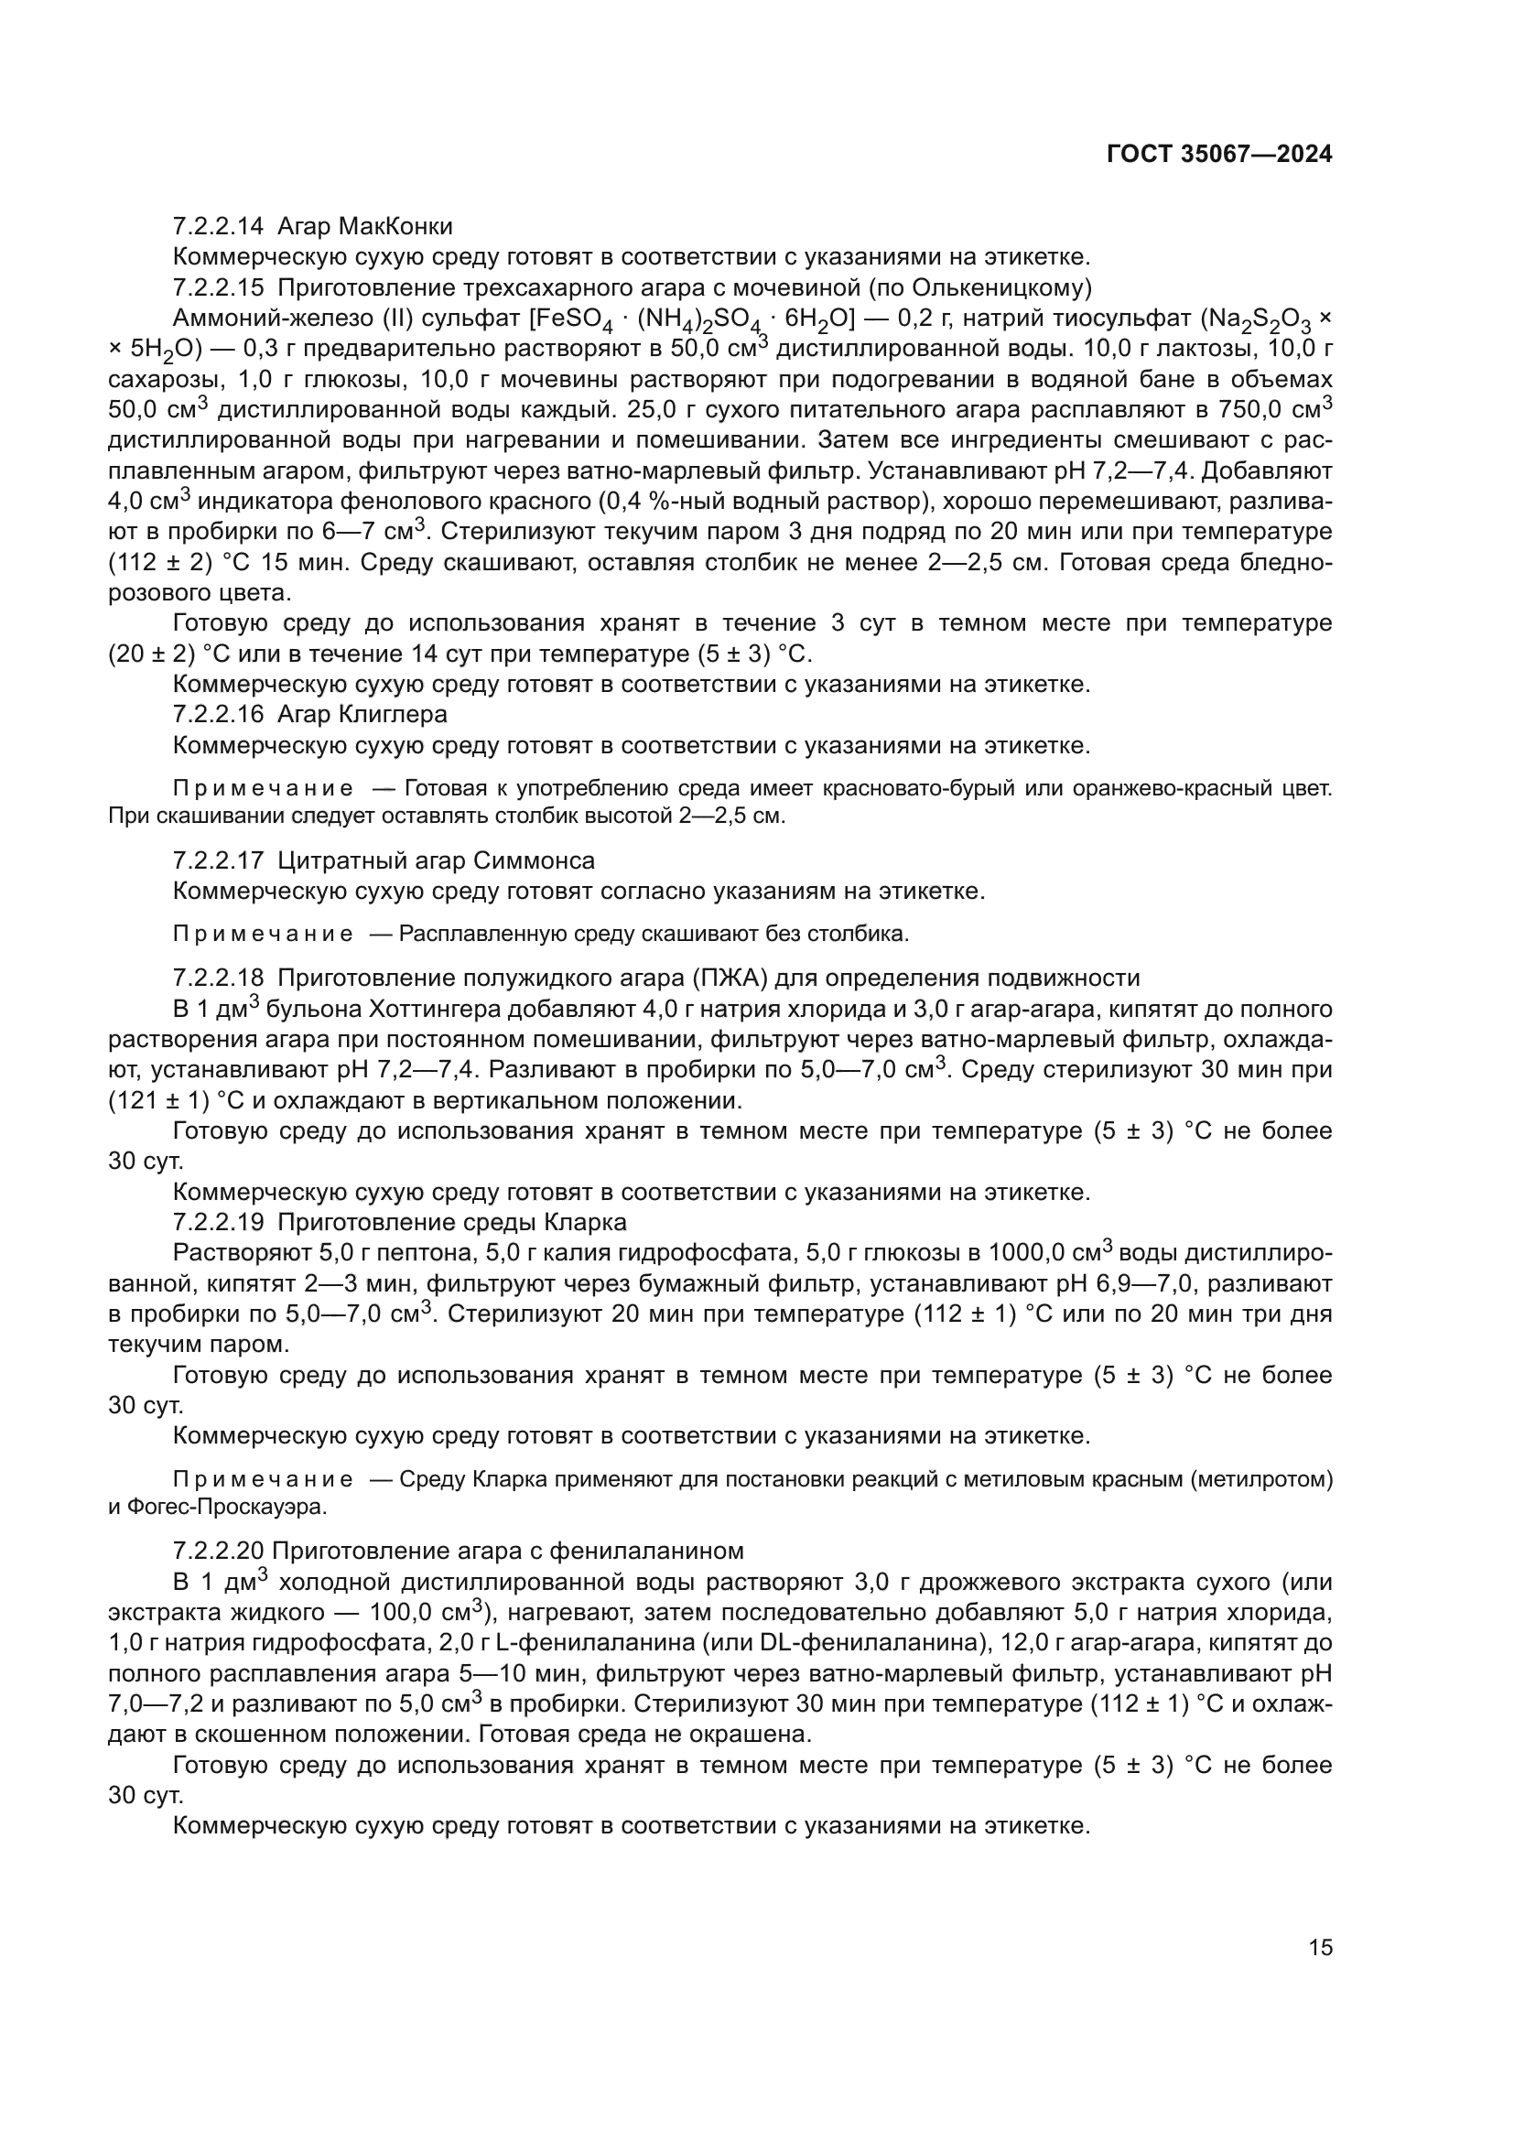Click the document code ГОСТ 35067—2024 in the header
point(1218,155)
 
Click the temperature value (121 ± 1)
point(158,1100)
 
